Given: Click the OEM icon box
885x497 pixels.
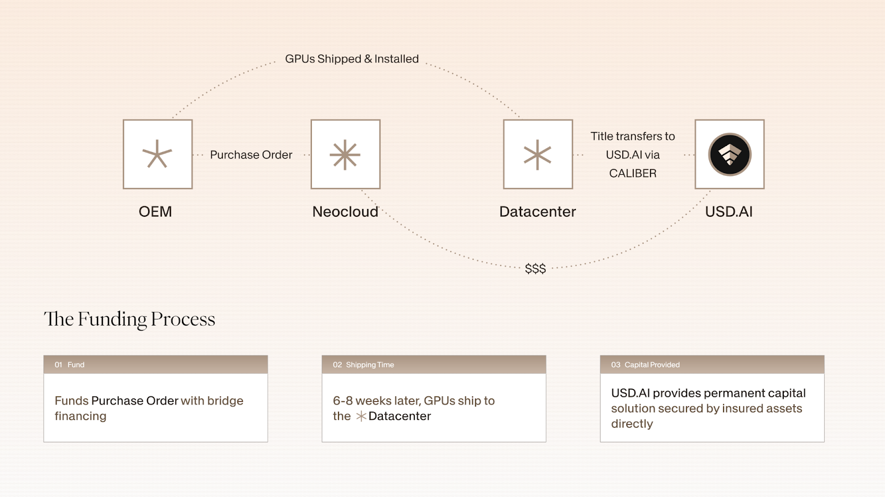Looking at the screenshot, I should point(158,154).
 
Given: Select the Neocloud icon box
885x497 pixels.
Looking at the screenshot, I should point(345,154).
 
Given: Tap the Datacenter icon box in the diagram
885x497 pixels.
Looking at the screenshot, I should point(538,154).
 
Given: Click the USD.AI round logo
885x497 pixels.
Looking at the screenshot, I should point(730,154).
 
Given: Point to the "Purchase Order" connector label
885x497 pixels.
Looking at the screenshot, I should point(251,155).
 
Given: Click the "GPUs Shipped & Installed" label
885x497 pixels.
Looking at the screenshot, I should point(352,59).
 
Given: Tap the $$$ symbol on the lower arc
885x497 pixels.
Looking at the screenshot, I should point(535,269).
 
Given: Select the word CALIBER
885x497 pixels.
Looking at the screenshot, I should point(633,174).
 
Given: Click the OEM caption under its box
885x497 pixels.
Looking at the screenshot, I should point(155,212).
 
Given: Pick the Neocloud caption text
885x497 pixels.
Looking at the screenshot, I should point(345,212).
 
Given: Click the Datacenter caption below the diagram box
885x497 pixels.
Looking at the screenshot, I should point(538,212).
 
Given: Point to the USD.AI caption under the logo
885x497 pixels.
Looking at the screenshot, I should point(729,212).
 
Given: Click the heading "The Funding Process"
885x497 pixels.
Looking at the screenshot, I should point(129,319).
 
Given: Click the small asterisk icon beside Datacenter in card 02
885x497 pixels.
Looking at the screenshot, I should point(361,416).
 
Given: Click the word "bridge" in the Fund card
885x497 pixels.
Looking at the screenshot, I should point(225,401).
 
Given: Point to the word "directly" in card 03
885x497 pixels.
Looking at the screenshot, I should point(632,424).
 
